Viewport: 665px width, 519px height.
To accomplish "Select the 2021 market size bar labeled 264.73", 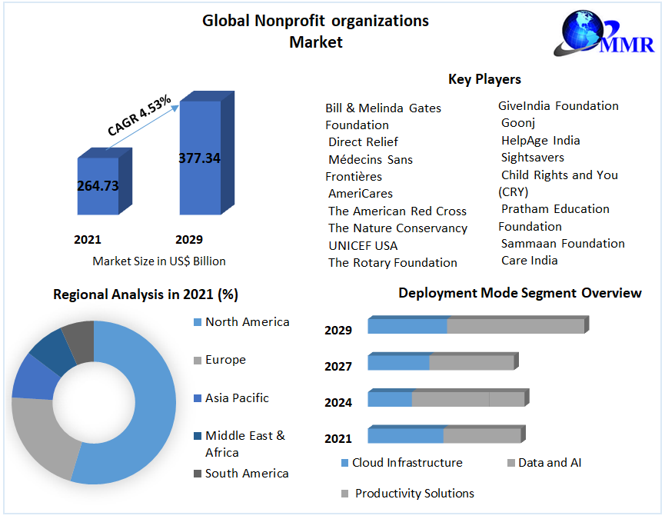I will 98,185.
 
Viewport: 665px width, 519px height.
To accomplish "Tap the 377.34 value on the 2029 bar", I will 199,158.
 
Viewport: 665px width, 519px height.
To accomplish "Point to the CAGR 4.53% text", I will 139,115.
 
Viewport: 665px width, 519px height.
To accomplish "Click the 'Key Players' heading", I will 484,79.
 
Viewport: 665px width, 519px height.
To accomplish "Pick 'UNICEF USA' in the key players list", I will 363,245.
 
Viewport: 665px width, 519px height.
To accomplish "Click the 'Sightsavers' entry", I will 532,158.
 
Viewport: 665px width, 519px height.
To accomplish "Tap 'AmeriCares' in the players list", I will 360,194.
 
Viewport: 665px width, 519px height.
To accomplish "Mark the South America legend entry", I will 246,474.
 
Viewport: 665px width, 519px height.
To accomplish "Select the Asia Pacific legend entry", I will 237,398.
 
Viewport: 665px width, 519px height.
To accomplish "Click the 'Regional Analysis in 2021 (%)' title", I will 145,294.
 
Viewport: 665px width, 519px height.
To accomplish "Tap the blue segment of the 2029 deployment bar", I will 407,326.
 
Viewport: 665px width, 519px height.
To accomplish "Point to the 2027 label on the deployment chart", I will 338,367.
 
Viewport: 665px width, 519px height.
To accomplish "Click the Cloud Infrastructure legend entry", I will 407,463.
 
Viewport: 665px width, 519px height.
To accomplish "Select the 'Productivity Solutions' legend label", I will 414,494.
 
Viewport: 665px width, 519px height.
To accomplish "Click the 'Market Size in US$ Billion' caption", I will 159,261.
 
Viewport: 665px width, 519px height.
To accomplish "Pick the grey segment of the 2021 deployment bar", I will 482,436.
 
